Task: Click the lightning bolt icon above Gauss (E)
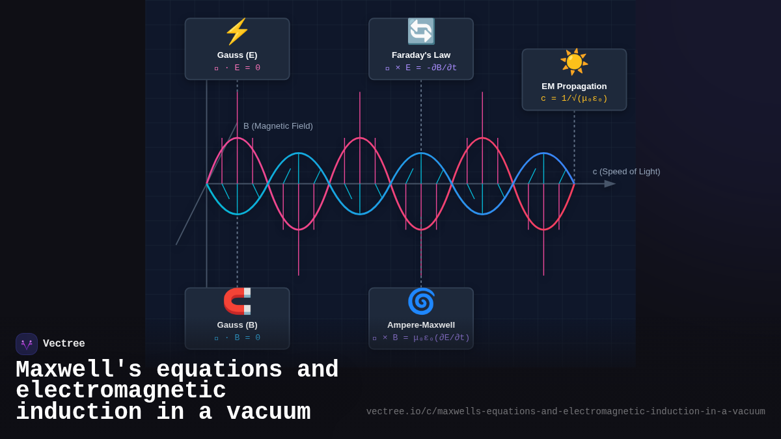click(x=237, y=32)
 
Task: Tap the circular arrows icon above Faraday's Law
click(x=421, y=31)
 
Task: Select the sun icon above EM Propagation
click(x=574, y=62)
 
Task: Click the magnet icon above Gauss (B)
click(x=237, y=301)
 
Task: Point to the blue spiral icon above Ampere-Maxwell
click(x=421, y=301)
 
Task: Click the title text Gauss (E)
click(x=237, y=55)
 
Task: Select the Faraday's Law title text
click(x=421, y=55)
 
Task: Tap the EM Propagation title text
click(x=574, y=86)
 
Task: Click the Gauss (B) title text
click(x=237, y=325)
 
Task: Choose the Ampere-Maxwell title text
click(x=421, y=325)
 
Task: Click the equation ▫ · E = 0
click(x=237, y=68)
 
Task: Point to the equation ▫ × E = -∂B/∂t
click(x=421, y=68)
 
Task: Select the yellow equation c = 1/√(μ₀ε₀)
click(x=574, y=99)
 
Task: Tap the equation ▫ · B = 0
click(x=237, y=338)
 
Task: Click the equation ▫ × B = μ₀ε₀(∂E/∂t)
click(x=421, y=338)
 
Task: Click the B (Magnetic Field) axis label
click(x=278, y=126)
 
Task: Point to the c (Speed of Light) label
click(x=626, y=172)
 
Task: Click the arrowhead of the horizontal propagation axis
click(x=610, y=184)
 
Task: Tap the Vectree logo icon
click(x=27, y=344)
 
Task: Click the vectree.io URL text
click(x=566, y=412)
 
